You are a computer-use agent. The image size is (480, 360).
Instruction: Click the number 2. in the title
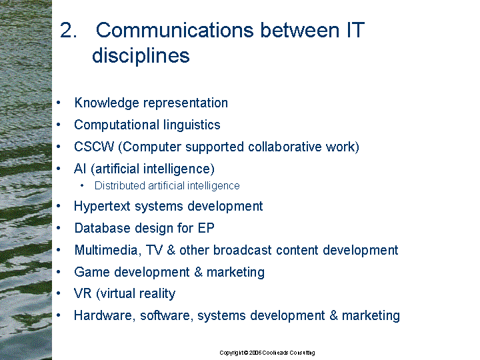pos(68,30)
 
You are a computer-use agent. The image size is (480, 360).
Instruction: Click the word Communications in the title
pos(175,30)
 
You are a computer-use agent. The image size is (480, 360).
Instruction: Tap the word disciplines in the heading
pos(141,55)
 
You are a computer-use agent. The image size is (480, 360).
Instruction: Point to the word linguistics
pos(191,125)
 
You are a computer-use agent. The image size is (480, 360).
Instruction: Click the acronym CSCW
pos(94,147)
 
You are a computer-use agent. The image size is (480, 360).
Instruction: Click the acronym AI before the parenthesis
pos(80,169)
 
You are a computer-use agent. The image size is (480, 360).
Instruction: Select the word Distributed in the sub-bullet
pos(120,185)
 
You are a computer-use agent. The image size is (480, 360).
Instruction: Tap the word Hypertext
pos(102,207)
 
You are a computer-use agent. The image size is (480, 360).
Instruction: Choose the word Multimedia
pos(108,250)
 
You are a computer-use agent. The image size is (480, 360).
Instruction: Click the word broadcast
pos(243,250)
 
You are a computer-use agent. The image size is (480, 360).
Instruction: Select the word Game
pos(92,272)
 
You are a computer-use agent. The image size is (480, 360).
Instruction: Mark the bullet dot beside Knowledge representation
pos(59,103)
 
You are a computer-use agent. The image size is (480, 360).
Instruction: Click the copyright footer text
pos(267,353)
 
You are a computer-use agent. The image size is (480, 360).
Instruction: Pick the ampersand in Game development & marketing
pos(199,272)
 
